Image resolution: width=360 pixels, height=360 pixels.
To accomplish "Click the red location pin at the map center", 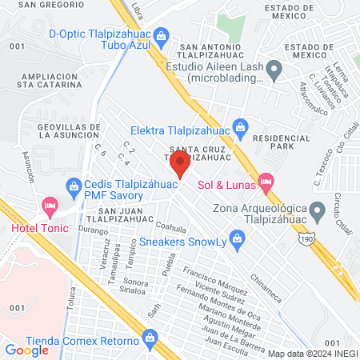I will coord(181,166).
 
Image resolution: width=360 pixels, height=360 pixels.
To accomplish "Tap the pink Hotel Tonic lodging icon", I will coord(50,207).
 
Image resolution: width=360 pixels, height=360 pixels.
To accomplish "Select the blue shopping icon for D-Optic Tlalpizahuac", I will coord(161,35).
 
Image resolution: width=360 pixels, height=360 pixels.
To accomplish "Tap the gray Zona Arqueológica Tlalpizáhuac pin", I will coord(318,211).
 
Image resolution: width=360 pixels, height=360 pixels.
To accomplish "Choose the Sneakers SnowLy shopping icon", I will coord(236,237).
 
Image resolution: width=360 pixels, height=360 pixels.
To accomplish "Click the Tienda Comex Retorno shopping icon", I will coord(150,339).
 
